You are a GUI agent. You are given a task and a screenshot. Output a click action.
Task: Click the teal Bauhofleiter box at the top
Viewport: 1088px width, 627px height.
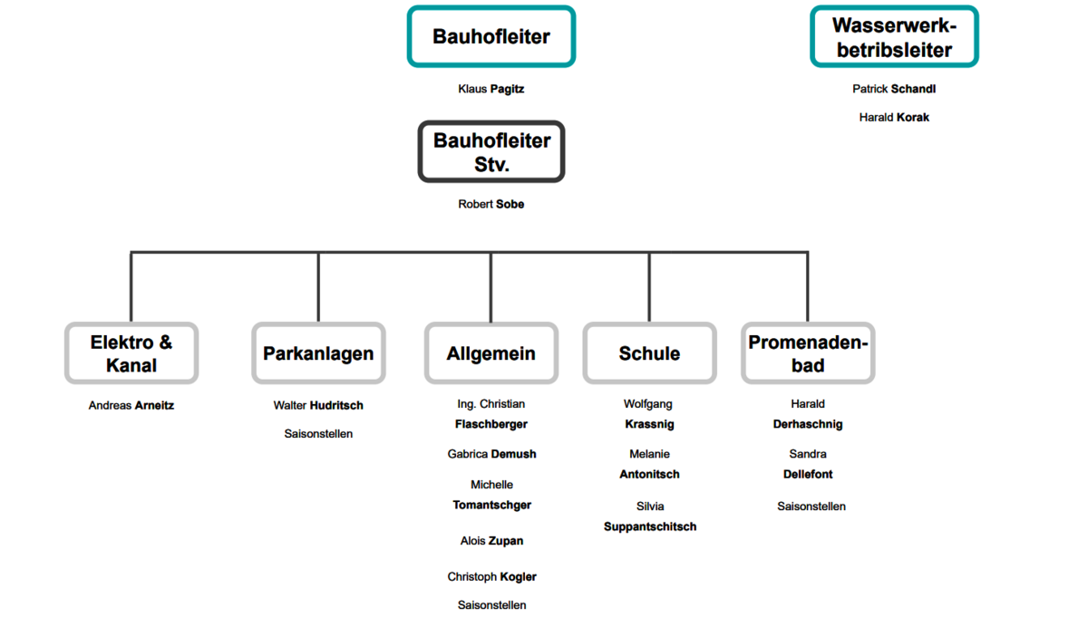[491, 37]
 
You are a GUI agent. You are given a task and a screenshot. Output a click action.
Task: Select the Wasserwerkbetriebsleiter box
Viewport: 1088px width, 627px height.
[894, 37]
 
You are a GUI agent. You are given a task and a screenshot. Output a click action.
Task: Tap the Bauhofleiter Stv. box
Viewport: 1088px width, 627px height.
[491, 152]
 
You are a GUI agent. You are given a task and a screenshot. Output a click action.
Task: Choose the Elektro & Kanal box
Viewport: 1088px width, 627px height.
[131, 353]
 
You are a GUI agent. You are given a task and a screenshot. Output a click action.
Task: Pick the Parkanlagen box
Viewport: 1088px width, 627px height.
[318, 353]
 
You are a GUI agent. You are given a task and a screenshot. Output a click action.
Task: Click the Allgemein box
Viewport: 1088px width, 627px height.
[491, 353]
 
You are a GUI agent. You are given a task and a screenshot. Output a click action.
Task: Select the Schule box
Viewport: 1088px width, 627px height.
[649, 353]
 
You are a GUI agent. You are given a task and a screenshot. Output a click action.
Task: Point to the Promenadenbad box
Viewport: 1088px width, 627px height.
[808, 353]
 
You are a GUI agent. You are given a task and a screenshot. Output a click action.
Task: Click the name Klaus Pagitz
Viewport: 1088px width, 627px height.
[491, 89]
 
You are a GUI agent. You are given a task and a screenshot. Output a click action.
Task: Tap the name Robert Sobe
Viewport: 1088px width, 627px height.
[491, 204]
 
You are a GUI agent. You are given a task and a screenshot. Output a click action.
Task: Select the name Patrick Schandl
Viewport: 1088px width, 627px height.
[894, 89]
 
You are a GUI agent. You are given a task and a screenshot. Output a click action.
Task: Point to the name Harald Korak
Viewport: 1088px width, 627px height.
[894, 117]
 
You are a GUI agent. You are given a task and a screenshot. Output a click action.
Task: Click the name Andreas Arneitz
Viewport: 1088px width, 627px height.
[131, 405]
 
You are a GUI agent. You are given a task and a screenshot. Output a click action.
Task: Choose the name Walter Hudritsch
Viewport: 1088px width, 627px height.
[318, 405]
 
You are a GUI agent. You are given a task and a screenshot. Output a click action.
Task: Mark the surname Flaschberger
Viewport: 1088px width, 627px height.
[491, 424]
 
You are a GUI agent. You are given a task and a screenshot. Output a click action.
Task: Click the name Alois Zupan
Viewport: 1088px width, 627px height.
[491, 541]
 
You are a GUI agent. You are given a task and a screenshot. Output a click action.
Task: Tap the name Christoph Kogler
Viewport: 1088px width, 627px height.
[491, 576]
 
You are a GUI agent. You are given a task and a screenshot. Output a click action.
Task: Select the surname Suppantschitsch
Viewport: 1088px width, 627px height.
[650, 526]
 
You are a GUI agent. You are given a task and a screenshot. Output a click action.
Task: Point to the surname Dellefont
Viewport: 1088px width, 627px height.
[808, 474]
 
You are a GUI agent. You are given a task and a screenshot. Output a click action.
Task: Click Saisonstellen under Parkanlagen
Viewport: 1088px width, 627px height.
[318, 434]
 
